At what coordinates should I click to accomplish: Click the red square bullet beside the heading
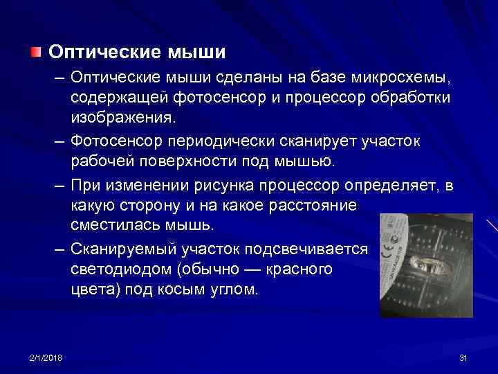[x=35, y=52]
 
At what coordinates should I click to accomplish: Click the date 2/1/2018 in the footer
[x=46, y=357]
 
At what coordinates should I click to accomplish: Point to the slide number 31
[x=463, y=357]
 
